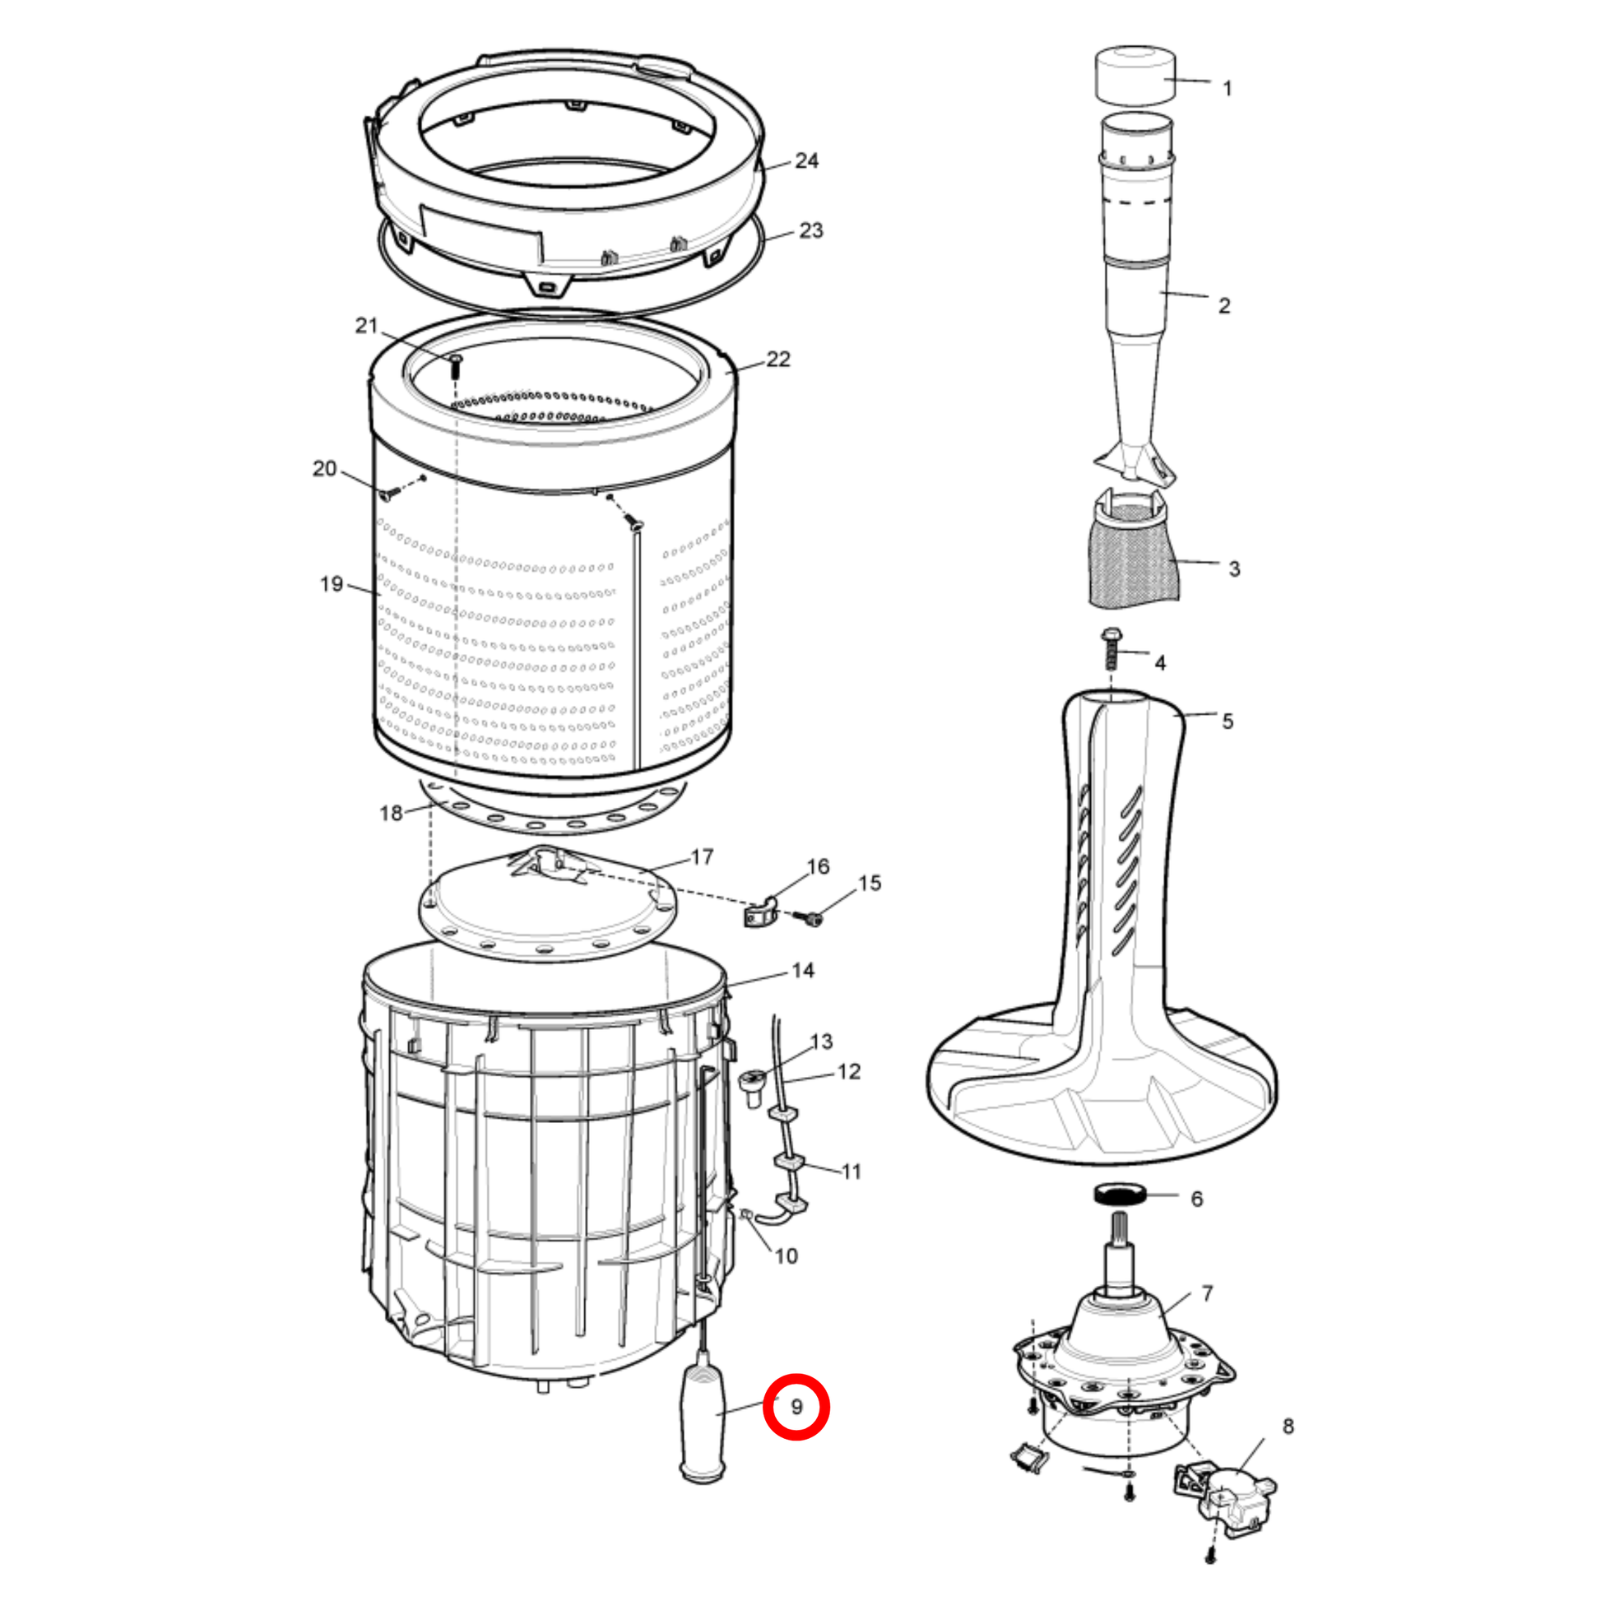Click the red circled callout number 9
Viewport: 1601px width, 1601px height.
(796, 1406)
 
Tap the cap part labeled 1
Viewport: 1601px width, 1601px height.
(1136, 76)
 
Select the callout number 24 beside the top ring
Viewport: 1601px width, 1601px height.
(806, 160)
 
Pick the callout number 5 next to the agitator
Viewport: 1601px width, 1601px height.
(1227, 721)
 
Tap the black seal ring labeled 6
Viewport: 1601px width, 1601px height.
(1120, 1194)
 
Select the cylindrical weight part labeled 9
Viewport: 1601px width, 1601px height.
(703, 1424)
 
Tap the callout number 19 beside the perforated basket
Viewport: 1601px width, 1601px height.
(331, 583)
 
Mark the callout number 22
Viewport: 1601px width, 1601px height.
(778, 359)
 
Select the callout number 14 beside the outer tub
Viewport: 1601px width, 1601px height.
(803, 970)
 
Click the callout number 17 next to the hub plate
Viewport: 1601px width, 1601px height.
(702, 856)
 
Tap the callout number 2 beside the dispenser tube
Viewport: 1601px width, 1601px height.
(1224, 306)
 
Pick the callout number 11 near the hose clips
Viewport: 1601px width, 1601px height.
(851, 1172)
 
